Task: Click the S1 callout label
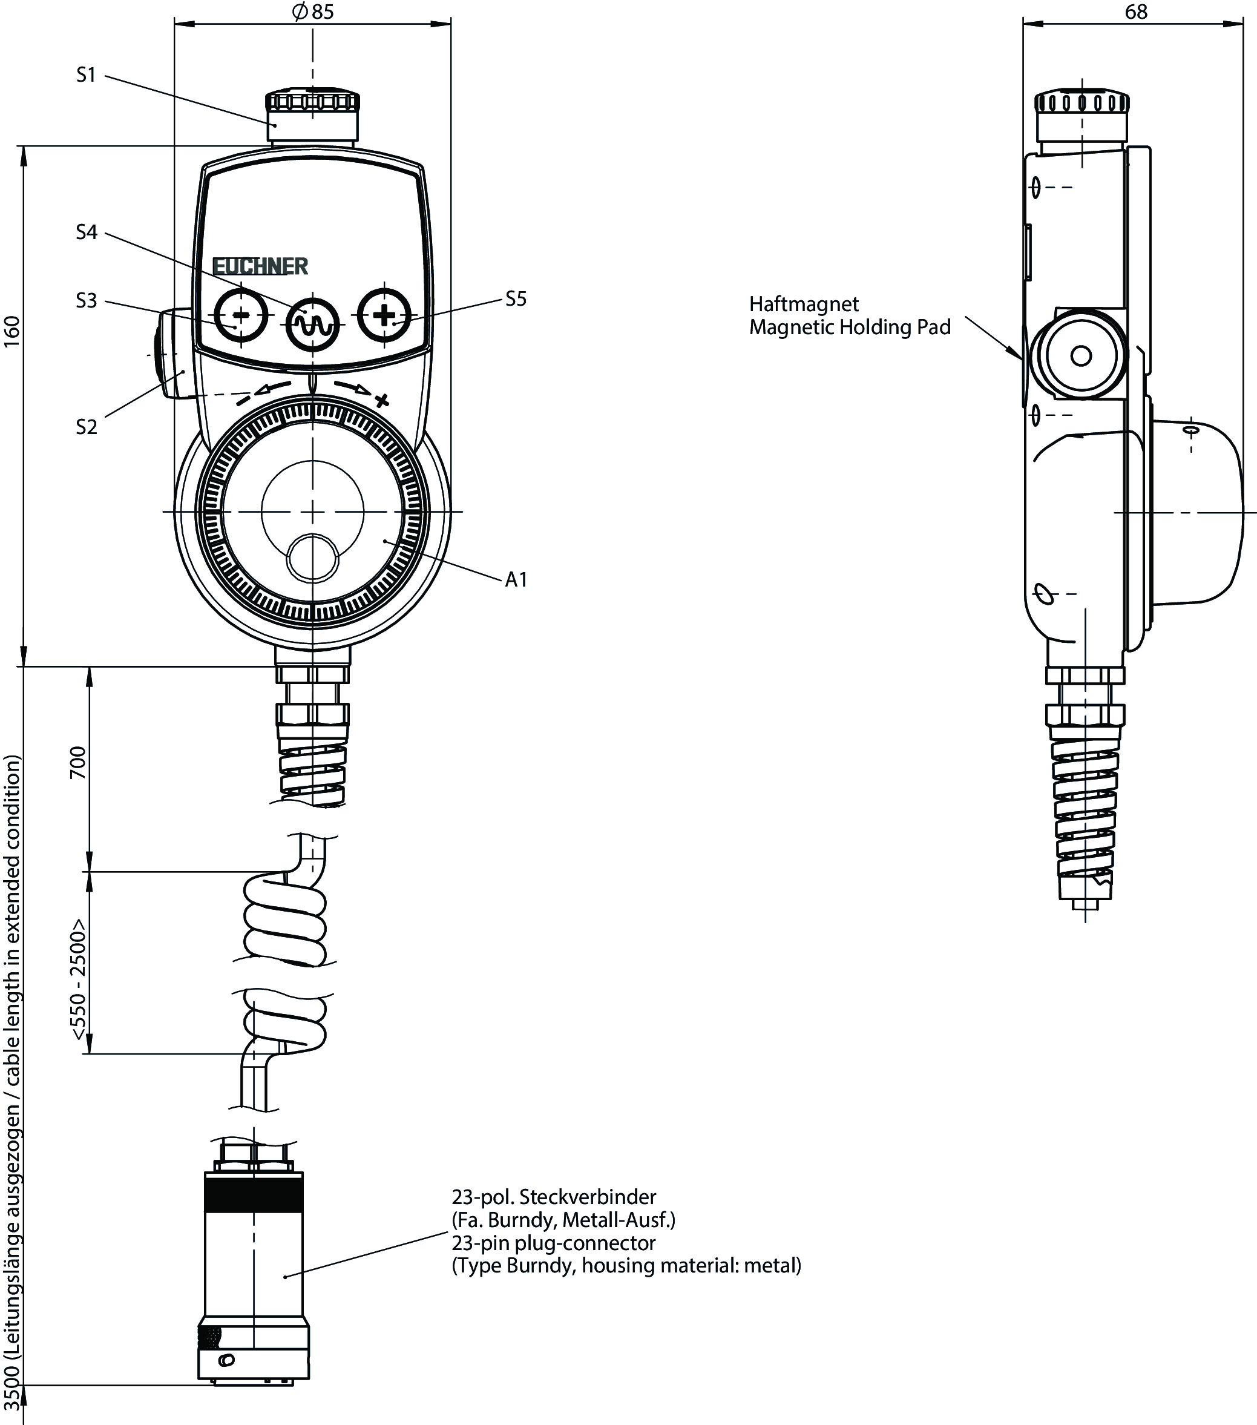(86, 74)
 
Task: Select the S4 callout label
(87, 232)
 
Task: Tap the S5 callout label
(516, 299)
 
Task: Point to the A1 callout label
(516, 579)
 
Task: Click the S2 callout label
(87, 427)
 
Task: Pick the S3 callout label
(87, 301)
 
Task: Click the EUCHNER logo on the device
(260, 266)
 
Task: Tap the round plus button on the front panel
(384, 315)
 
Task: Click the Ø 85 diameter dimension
(313, 12)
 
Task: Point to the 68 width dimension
(1136, 12)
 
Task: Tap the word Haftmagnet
(804, 304)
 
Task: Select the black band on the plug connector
(254, 1192)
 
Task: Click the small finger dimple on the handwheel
(313, 558)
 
